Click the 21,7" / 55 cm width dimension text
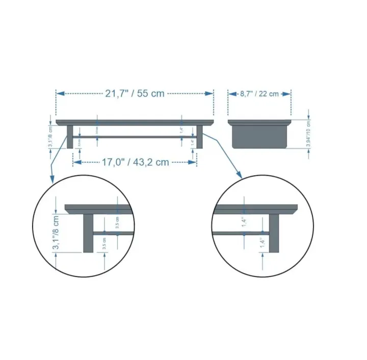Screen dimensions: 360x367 [135, 93]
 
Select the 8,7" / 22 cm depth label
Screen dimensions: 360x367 [259, 93]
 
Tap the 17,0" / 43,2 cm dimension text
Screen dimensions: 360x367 [135, 162]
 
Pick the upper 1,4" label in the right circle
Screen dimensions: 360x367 [245, 221]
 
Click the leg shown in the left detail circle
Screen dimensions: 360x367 [88, 233]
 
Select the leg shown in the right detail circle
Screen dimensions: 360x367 [274, 233]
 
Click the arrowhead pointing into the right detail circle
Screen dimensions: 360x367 [239, 174]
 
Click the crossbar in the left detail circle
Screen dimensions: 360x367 [113, 233]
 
